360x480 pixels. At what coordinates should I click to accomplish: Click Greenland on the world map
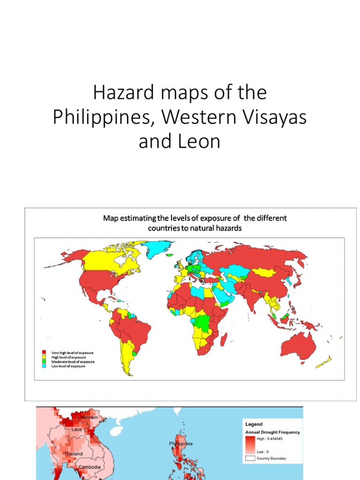point(157,248)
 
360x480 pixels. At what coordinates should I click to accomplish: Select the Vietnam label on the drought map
point(89,417)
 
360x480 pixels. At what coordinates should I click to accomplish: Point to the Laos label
point(76,429)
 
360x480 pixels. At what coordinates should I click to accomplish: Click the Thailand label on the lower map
point(74,454)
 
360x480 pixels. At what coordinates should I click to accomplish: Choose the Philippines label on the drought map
point(181,443)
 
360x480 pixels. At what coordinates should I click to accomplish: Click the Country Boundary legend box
point(249,458)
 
